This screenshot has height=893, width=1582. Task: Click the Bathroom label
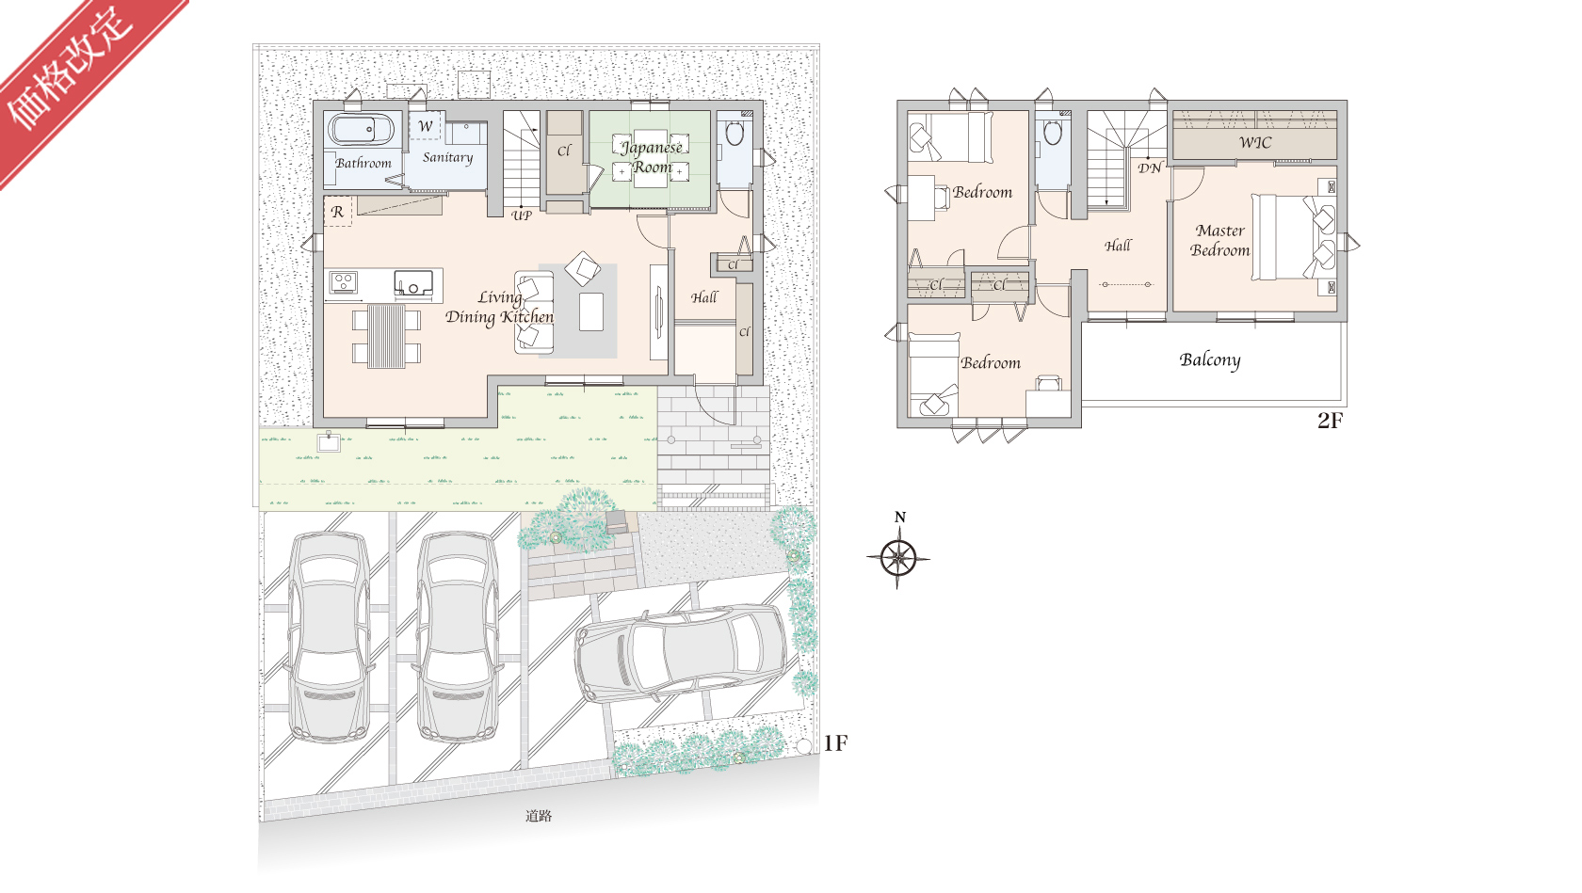point(363,163)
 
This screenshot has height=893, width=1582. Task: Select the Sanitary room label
point(448,157)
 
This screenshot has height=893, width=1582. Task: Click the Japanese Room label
point(652,157)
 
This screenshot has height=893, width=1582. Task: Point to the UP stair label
point(522,215)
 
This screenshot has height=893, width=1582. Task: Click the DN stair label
point(1149,168)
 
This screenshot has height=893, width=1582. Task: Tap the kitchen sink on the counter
point(413,283)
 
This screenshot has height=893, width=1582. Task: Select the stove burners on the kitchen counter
point(343,282)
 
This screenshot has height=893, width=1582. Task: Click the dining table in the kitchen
point(386,335)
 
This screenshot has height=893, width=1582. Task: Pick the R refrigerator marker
point(337,211)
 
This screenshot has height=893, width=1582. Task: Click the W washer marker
point(426,126)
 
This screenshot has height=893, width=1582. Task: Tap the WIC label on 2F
point(1255,143)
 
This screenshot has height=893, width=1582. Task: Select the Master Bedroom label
point(1219,240)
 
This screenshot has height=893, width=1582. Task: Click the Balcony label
point(1210,360)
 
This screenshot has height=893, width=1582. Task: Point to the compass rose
point(898,558)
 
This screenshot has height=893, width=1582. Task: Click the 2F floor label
point(1330,421)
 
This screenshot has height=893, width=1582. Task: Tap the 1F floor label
point(834,743)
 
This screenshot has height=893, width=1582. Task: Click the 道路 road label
point(539,816)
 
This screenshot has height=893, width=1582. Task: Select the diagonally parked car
point(682,653)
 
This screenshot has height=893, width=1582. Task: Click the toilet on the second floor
point(1053,132)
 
